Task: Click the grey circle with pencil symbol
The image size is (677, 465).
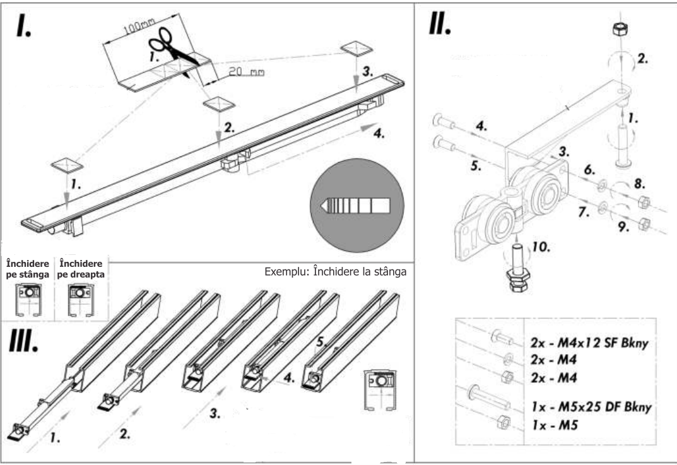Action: [357, 205]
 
